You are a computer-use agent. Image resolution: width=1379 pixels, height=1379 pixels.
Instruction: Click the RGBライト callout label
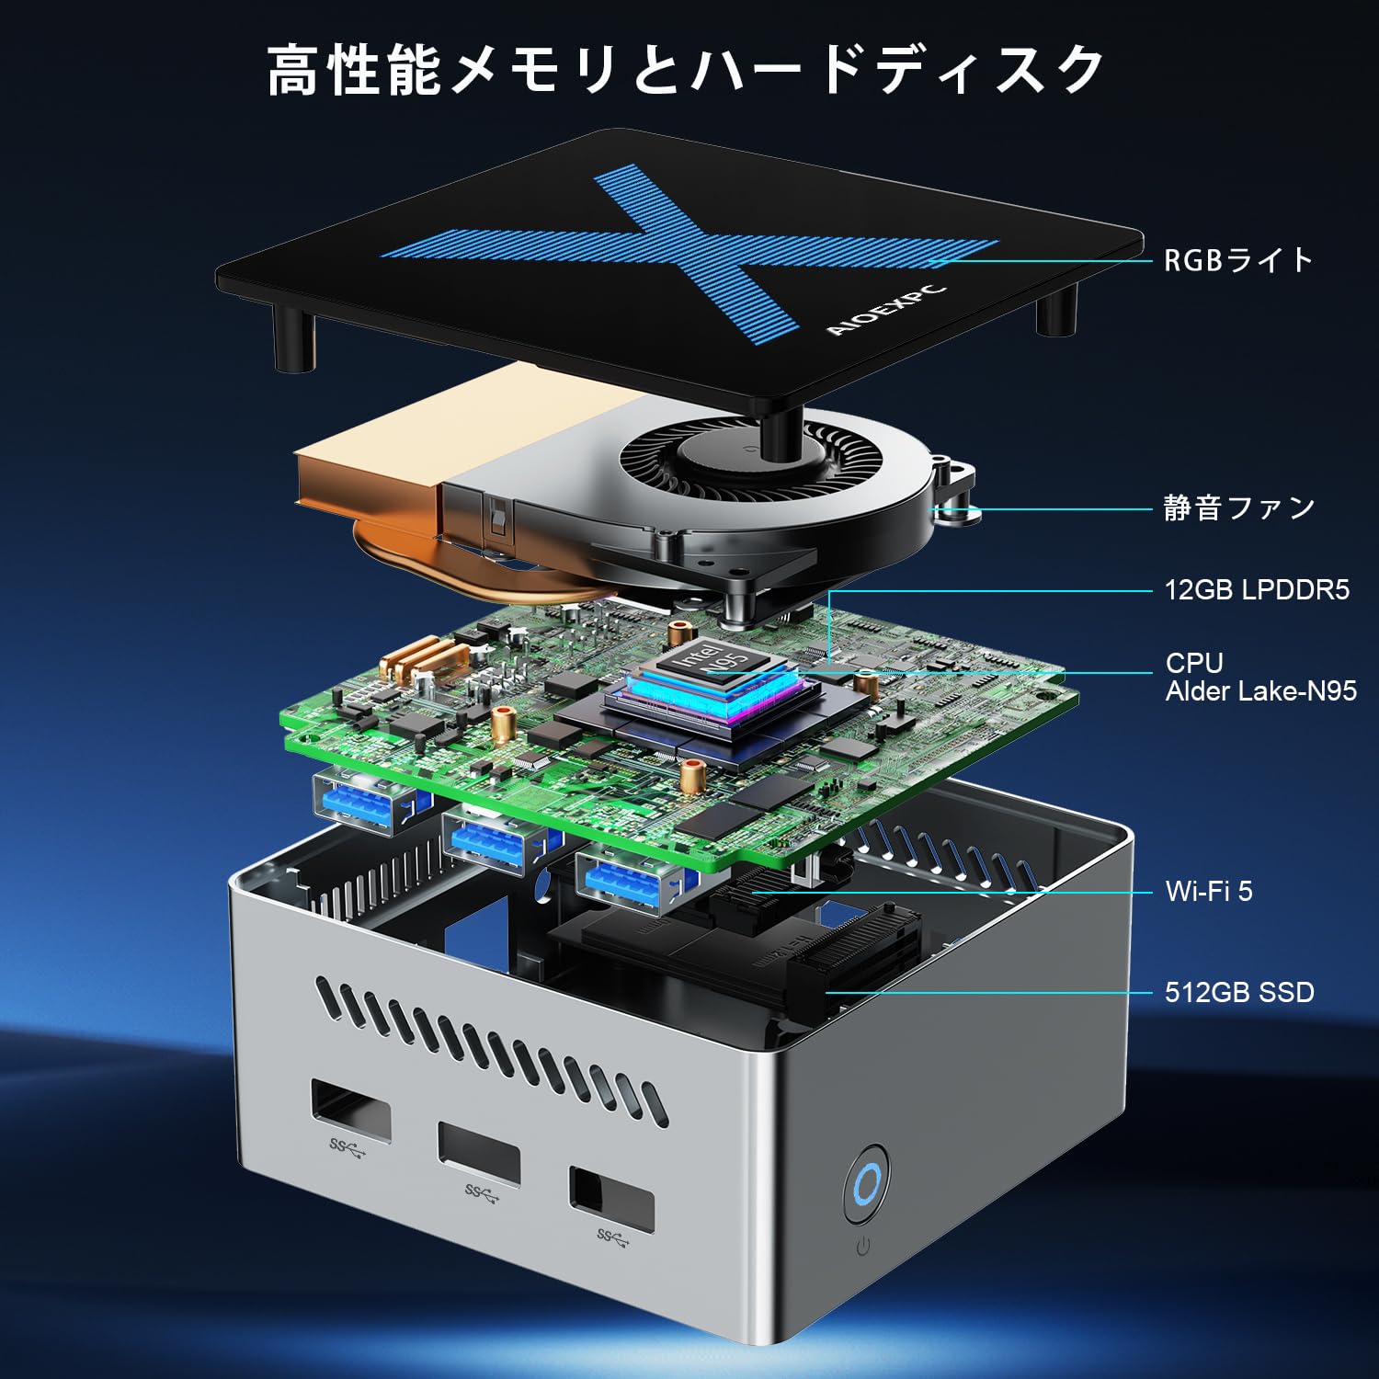[x=1238, y=260]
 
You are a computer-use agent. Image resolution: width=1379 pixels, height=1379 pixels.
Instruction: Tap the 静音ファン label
[x=1238, y=507]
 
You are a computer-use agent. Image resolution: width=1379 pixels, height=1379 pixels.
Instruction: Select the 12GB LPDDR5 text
[x=1257, y=589]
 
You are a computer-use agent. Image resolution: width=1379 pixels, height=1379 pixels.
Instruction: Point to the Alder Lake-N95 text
[x=1260, y=691]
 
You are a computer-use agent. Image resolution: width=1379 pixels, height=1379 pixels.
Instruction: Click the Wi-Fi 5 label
[x=1208, y=891]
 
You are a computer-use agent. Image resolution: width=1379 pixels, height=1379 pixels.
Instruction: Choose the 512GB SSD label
[x=1238, y=992]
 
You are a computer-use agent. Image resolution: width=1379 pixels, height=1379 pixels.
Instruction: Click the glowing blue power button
[x=867, y=1184]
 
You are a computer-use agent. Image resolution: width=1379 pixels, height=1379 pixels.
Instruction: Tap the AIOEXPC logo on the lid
[x=885, y=310]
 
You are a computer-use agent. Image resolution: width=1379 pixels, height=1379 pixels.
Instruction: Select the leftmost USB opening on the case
[x=350, y=1111]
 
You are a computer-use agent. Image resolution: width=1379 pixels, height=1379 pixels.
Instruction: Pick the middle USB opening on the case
[x=479, y=1153]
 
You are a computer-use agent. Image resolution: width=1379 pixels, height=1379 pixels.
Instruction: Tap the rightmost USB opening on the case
[x=611, y=1199]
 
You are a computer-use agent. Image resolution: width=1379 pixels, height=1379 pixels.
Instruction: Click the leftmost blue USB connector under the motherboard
[x=365, y=802]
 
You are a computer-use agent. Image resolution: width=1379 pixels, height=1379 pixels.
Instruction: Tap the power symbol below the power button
[x=863, y=1247]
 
